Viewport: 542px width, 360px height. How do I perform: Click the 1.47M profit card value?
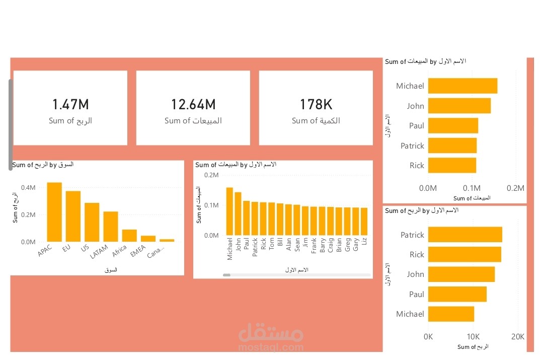point(70,105)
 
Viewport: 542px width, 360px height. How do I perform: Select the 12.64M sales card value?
point(193,105)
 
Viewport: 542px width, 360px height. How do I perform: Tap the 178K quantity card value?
point(316,105)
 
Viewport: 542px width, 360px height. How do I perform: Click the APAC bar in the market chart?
point(54,212)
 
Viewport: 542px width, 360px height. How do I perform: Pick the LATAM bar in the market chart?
point(111,227)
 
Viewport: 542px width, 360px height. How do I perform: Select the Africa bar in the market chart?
point(129,236)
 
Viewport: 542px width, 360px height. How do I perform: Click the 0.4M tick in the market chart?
point(28,188)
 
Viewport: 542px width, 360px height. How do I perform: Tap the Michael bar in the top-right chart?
point(462,86)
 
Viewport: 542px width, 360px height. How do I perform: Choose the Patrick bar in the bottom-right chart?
point(465,235)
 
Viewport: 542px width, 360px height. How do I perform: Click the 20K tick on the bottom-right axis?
point(518,336)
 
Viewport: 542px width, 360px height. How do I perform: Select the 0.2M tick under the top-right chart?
point(516,188)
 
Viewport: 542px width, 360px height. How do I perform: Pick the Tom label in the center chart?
point(272,244)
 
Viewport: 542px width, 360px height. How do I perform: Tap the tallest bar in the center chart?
point(229,211)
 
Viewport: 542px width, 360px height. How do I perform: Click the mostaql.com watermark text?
point(270,347)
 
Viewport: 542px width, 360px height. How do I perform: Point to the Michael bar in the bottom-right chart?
point(451,314)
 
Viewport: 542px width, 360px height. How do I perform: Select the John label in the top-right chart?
point(416,106)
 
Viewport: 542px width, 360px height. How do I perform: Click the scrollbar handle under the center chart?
point(226,275)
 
